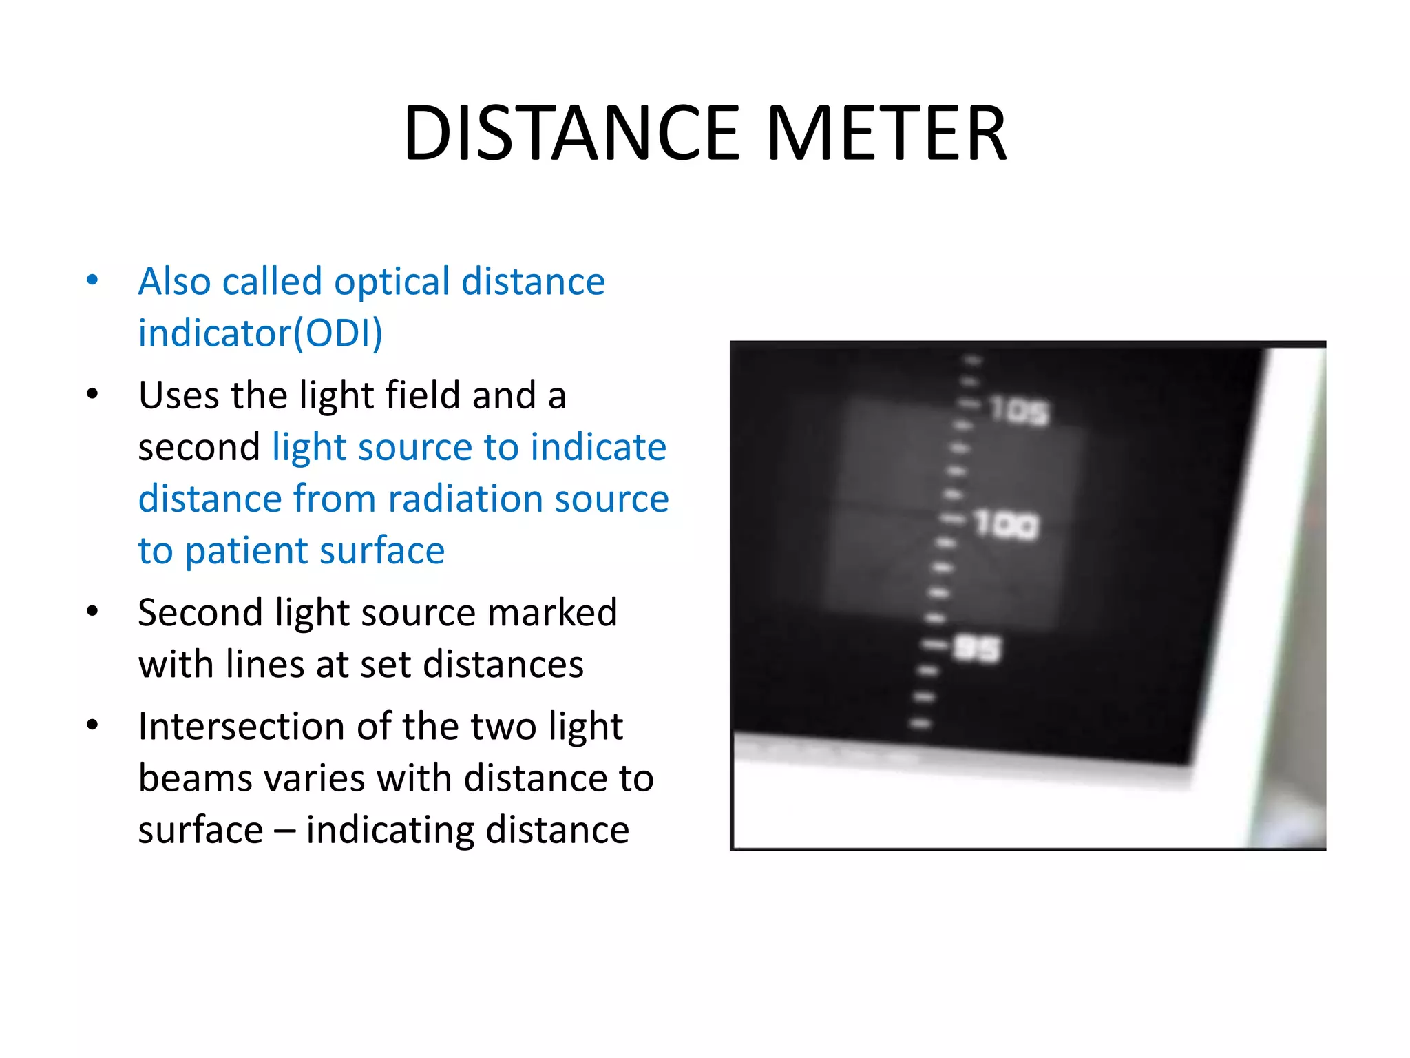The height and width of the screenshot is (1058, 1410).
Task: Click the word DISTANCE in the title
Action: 571,133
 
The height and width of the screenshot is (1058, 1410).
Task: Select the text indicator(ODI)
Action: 260,333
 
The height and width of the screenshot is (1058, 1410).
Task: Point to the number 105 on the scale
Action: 1020,411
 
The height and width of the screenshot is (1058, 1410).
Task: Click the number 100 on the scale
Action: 1006,526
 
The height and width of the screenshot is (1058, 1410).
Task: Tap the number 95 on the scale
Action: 977,649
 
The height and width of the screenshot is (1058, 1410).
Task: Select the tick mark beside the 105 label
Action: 971,404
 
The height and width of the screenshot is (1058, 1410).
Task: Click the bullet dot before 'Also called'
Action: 92,280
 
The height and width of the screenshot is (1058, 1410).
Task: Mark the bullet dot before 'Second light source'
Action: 92,612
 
